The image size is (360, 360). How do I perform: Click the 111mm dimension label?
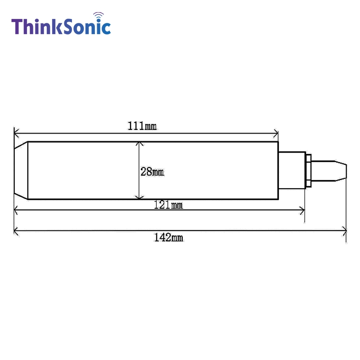(142, 126)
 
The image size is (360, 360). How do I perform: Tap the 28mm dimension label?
(152, 172)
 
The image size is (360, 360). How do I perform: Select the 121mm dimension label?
(168, 205)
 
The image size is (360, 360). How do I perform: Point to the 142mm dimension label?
(168, 238)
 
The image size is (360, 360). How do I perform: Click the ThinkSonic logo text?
(61, 27)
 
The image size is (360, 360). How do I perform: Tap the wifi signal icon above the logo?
(99, 16)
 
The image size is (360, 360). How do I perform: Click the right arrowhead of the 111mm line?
(276, 133)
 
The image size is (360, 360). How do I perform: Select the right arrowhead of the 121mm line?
(302, 210)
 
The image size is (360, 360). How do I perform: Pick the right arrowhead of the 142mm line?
(344, 231)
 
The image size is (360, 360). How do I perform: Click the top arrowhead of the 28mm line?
(139, 144)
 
